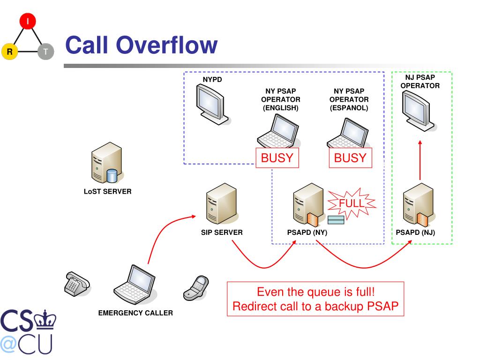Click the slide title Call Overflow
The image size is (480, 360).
pos(141,45)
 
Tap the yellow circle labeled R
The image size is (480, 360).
pos(9,52)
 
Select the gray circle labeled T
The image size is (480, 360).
pos(46,52)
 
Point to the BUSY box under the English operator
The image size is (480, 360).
pos(277,158)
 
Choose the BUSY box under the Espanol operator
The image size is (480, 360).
pos(350,158)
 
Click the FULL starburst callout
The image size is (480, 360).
pos(351,203)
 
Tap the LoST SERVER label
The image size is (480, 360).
pos(107,191)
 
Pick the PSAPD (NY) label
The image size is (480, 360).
pos(307,232)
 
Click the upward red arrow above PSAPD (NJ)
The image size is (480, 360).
pos(420,159)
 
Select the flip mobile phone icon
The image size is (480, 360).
pos(195,286)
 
